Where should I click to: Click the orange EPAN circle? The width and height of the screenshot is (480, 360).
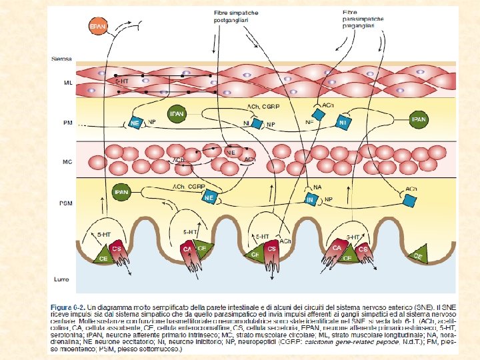(98, 25)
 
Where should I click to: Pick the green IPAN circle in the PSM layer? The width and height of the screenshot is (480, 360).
(121, 192)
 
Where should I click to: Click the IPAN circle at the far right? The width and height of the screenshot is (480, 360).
(419, 120)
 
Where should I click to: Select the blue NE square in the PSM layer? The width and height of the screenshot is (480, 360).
(209, 198)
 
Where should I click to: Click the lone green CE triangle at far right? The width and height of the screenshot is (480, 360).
(418, 254)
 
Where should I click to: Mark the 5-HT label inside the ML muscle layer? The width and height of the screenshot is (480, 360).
(122, 81)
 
